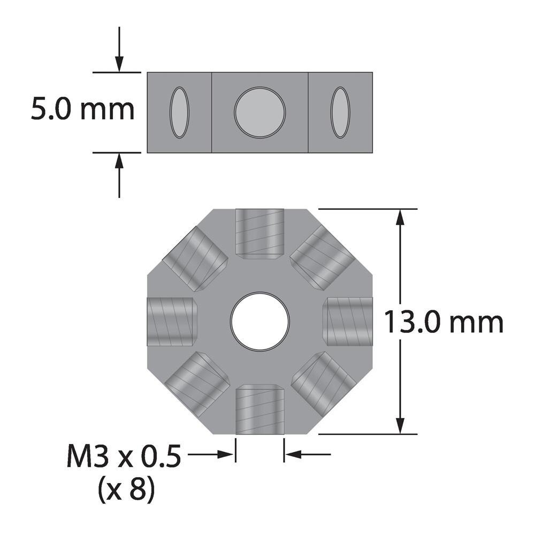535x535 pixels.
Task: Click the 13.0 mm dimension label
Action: [444, 323]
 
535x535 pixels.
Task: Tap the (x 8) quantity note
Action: [126, 490]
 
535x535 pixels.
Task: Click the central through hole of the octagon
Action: [260, 322]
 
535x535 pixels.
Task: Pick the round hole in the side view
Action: [259, 112]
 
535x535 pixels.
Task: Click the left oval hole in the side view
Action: [179, 112]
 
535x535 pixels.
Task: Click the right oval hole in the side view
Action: [340, 112]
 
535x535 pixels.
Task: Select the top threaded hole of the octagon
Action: [259, 233]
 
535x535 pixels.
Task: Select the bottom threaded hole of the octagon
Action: [259, 409]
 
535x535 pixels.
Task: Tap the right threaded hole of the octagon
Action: [348, 322]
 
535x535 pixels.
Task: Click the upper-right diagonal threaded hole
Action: [323, 257]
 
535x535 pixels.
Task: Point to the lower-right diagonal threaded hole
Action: [323, 384]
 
